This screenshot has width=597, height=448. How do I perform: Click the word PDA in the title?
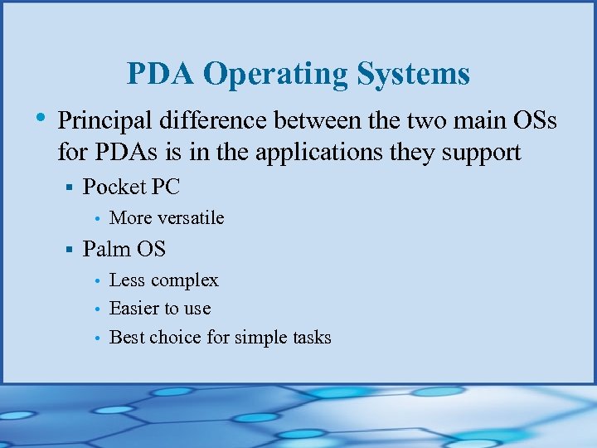tap(161, 75)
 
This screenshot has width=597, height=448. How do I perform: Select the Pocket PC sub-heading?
tap(131, 187)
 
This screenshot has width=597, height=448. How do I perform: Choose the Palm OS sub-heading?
tap(124, 249)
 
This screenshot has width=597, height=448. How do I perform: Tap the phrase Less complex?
tap(164, 280)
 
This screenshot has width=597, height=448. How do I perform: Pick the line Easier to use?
tap(160, 309)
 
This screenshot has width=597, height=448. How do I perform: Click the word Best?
tap(126, 338)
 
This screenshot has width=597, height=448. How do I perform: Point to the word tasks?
tap(308, 338)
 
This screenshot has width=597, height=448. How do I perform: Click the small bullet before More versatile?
tap(98, 219)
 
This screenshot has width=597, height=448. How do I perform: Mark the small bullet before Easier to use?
tap(98, 309)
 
